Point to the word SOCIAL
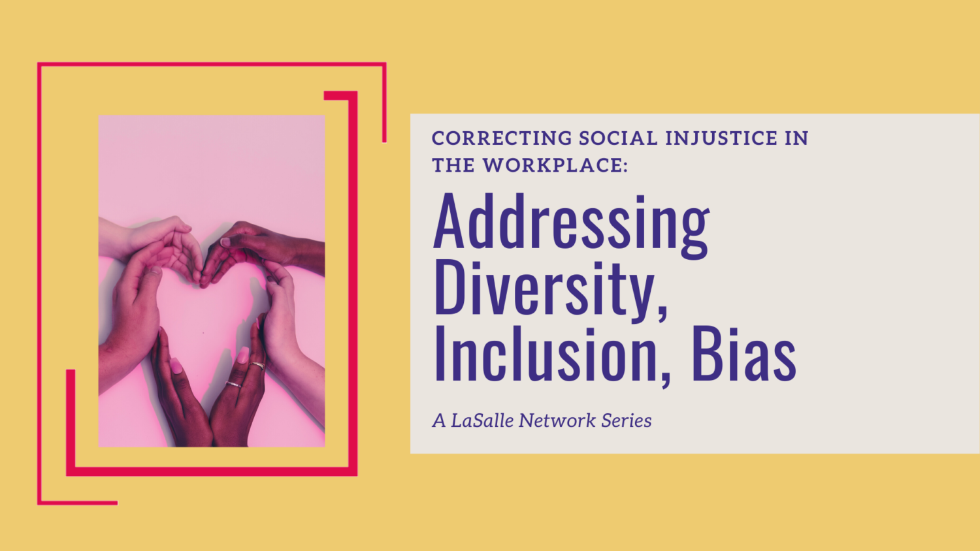coord(618,138)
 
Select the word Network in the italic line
coord(557,420)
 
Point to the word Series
coord(627,420)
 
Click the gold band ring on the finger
coord(257,366)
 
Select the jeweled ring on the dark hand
coord(234,385)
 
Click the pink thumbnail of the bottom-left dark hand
coord(175,366)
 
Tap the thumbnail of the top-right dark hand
coord(225,242)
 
